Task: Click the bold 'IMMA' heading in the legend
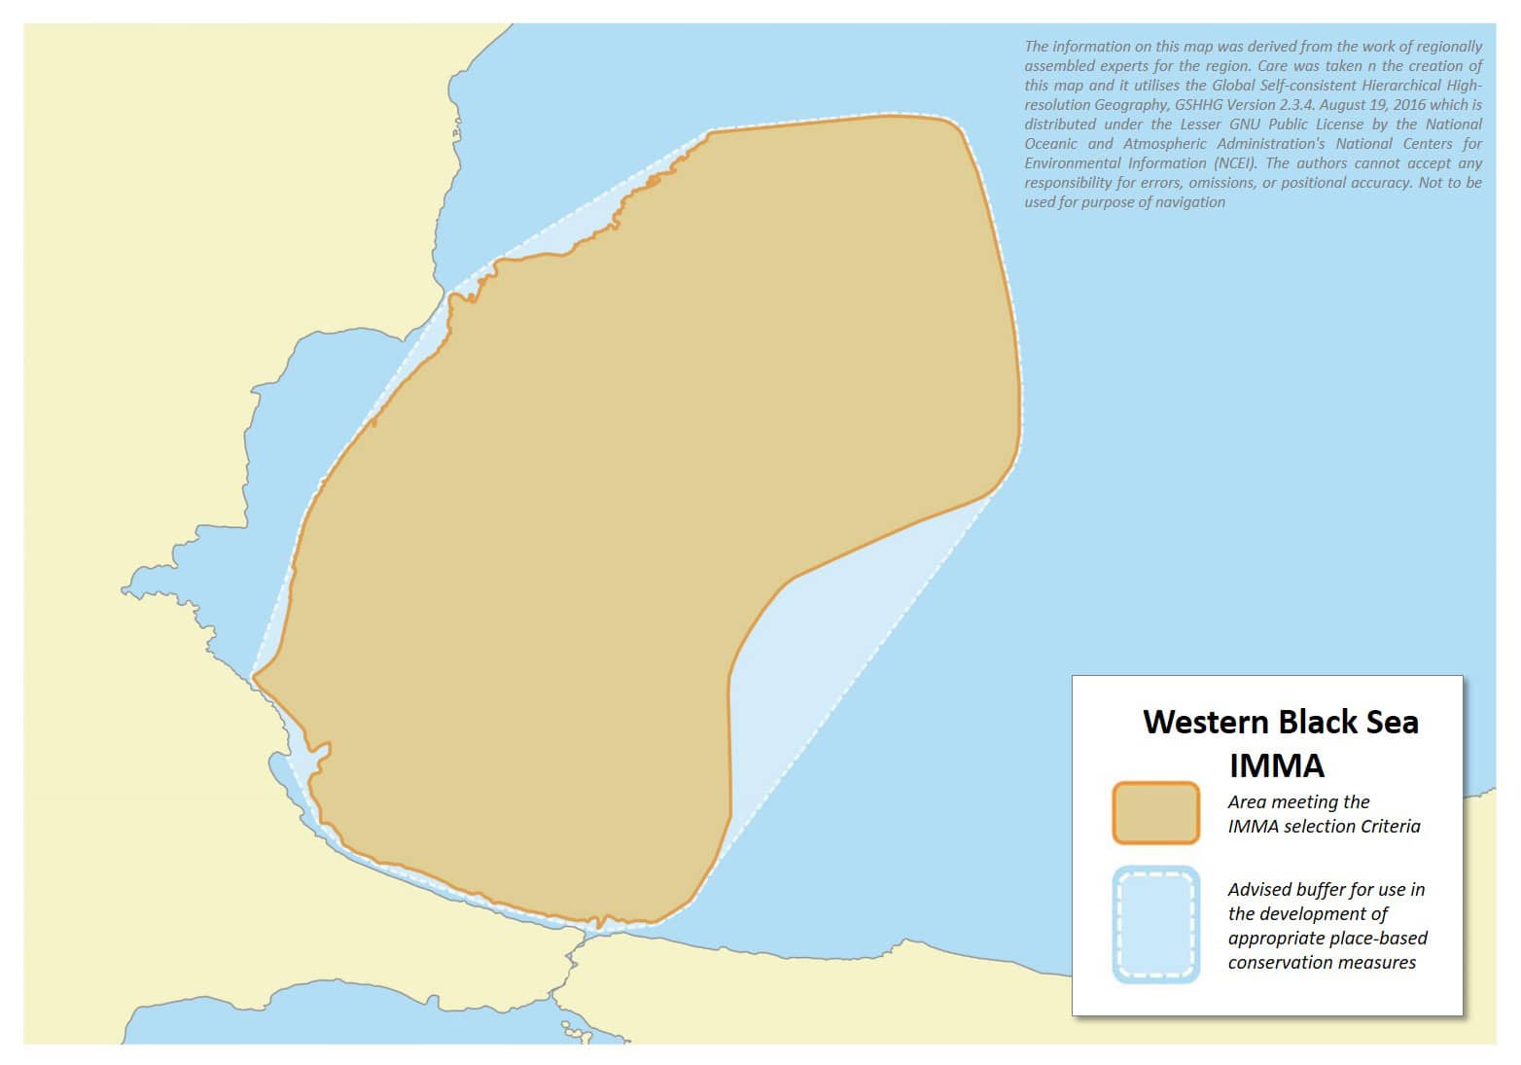[x=1276, y=766]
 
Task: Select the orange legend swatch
[x=1155, y=813]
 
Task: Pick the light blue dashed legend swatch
[x=1155, y=925]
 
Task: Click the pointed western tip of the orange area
[x=255, y=676]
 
